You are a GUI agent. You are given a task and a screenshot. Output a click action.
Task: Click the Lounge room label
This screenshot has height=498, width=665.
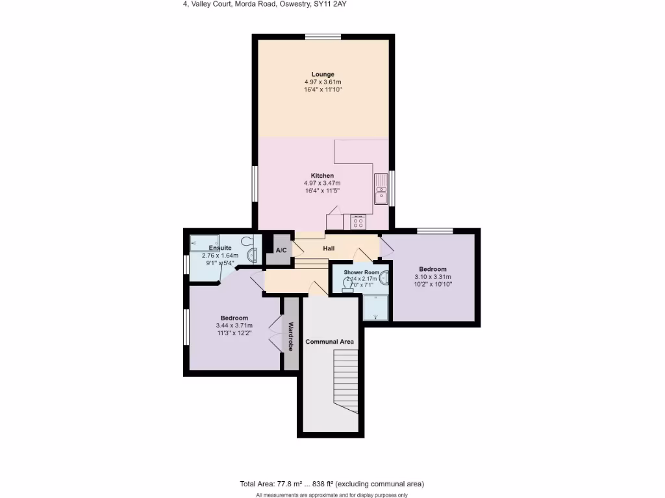tap(323, 74)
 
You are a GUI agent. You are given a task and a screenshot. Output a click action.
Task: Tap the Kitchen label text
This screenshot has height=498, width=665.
tap(323, 176)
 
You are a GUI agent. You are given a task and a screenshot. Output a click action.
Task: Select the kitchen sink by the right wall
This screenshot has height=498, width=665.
tap(381, 190)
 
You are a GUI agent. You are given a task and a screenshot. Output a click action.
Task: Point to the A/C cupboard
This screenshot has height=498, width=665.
tap(281, 250)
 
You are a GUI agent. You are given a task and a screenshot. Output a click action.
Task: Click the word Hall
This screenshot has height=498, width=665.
tap(329, 248)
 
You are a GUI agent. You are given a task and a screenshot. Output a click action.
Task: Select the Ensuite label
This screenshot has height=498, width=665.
tap(220, 248)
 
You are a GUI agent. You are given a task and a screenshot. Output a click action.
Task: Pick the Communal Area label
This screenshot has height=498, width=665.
tap(329, 342)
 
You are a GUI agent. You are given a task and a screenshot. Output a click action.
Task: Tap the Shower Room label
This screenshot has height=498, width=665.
tap(360, 272)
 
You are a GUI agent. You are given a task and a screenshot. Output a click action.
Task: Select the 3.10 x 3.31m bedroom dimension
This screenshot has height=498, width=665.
tap(433, 277)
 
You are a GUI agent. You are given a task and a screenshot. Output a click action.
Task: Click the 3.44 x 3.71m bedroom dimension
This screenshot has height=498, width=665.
tap(234, 326)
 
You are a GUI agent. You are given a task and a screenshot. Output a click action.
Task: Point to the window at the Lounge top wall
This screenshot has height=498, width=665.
tap(323, 36)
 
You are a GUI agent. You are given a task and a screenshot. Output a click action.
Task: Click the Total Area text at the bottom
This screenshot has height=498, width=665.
tap(332, 484)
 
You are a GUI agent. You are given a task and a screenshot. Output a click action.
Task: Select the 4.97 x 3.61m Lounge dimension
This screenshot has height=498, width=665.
tap(323, 82)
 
